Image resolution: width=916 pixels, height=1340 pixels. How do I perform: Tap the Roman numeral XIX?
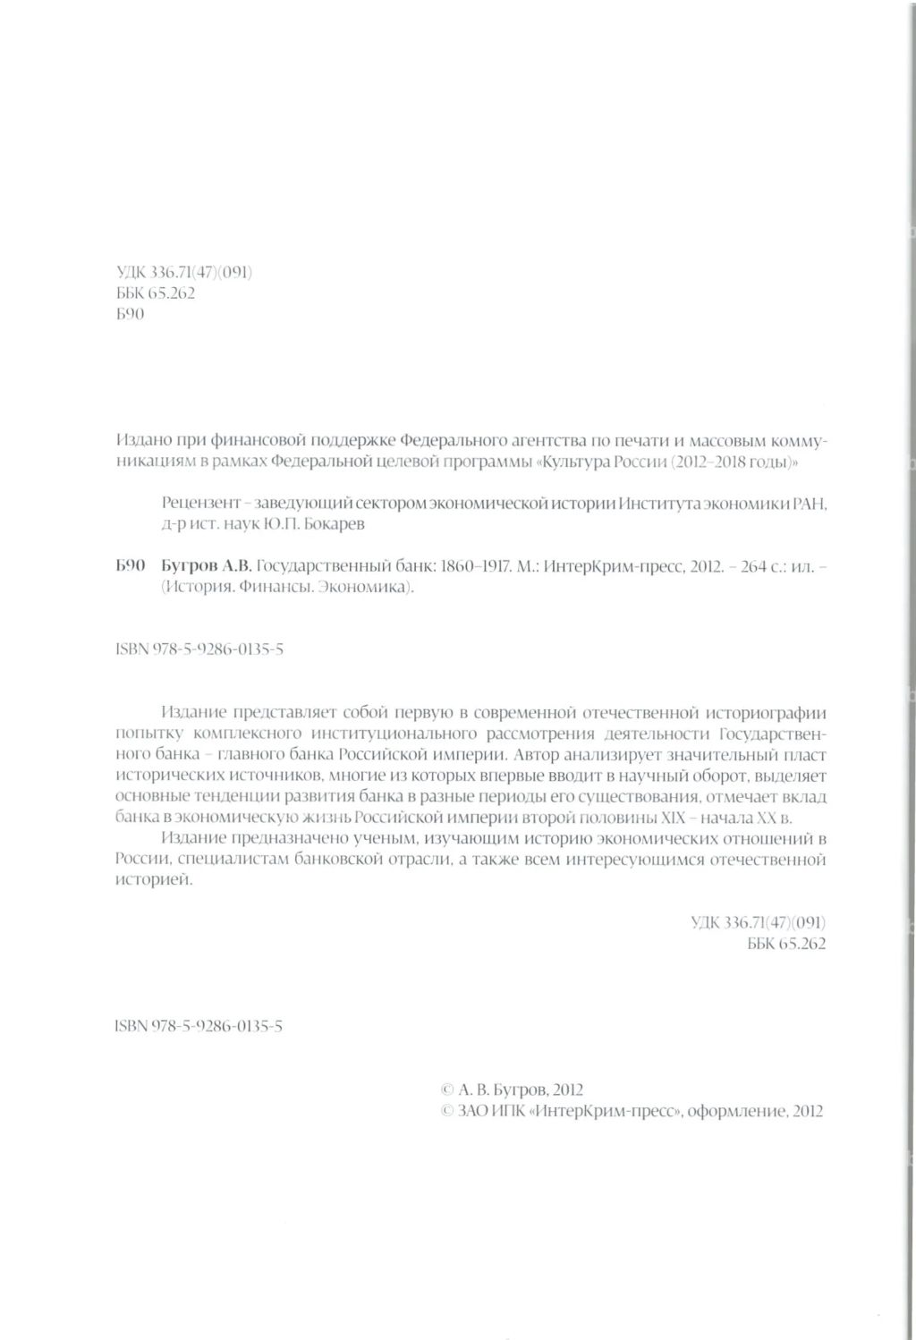click(x=673, y=818)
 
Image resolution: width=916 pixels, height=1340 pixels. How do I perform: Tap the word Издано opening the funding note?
click(x=140, y=441)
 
